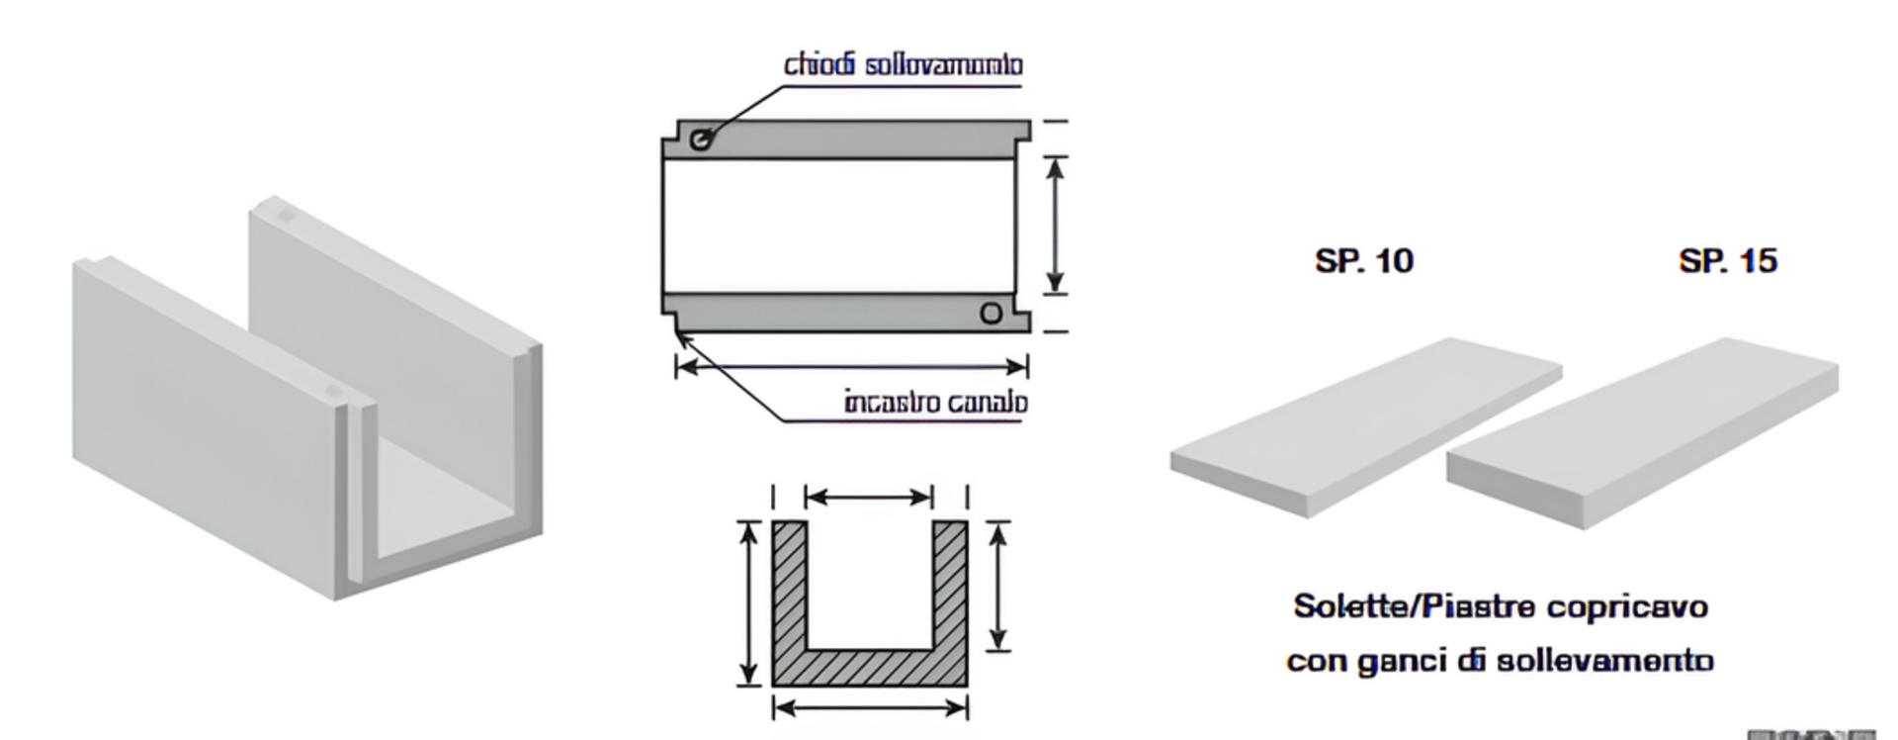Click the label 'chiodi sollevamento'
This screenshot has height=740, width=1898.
(x=903, y=65)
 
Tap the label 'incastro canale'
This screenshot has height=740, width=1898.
(x=935, y=403)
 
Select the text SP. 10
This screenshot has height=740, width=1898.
(x=1363, y=261)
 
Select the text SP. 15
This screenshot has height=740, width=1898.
(x=1727, y=261)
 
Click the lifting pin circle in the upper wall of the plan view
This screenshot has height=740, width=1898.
(x=701, y=139)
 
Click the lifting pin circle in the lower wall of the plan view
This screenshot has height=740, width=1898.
(x=991, y=314)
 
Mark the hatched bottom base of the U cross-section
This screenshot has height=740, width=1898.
(x=869, y=668)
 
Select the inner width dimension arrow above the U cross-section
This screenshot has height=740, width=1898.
(x=869, y=497)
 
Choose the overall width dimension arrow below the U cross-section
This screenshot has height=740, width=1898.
(x=869, y=707)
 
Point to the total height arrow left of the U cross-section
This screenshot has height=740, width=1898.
(x=749, y=602)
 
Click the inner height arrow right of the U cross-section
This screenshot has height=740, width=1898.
(x=998, y=586)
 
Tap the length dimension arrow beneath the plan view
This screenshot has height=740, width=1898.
(x=851, y=367)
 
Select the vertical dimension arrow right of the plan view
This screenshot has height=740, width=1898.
(x=1056, y=226)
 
